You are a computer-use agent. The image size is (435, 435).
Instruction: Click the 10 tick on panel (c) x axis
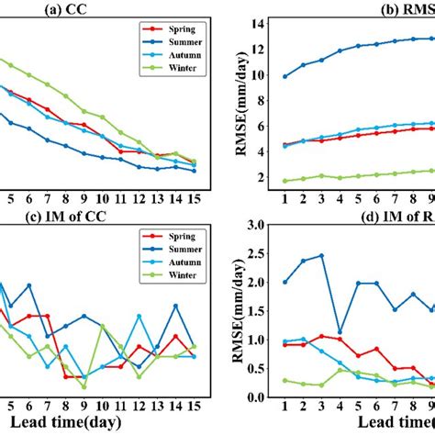[x=101, y=405]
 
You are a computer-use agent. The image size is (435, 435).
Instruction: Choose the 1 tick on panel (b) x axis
[x=284, y=196]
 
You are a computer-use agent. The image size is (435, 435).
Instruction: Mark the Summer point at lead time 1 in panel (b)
[x=284, y=76]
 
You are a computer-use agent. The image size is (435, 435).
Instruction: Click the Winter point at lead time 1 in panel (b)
[x=284, y=181]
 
